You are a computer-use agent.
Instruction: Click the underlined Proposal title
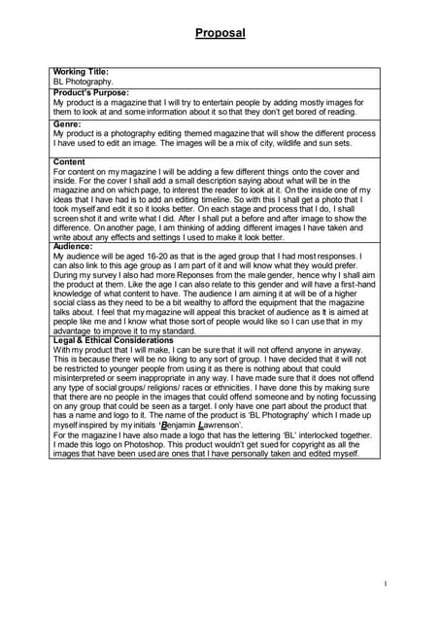[220, 34]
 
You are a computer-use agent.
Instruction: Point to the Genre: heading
[67, 123]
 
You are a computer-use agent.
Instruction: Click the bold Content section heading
[69, 161]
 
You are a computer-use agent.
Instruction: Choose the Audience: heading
[74, 247]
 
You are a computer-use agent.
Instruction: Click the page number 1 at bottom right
[386, 583]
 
